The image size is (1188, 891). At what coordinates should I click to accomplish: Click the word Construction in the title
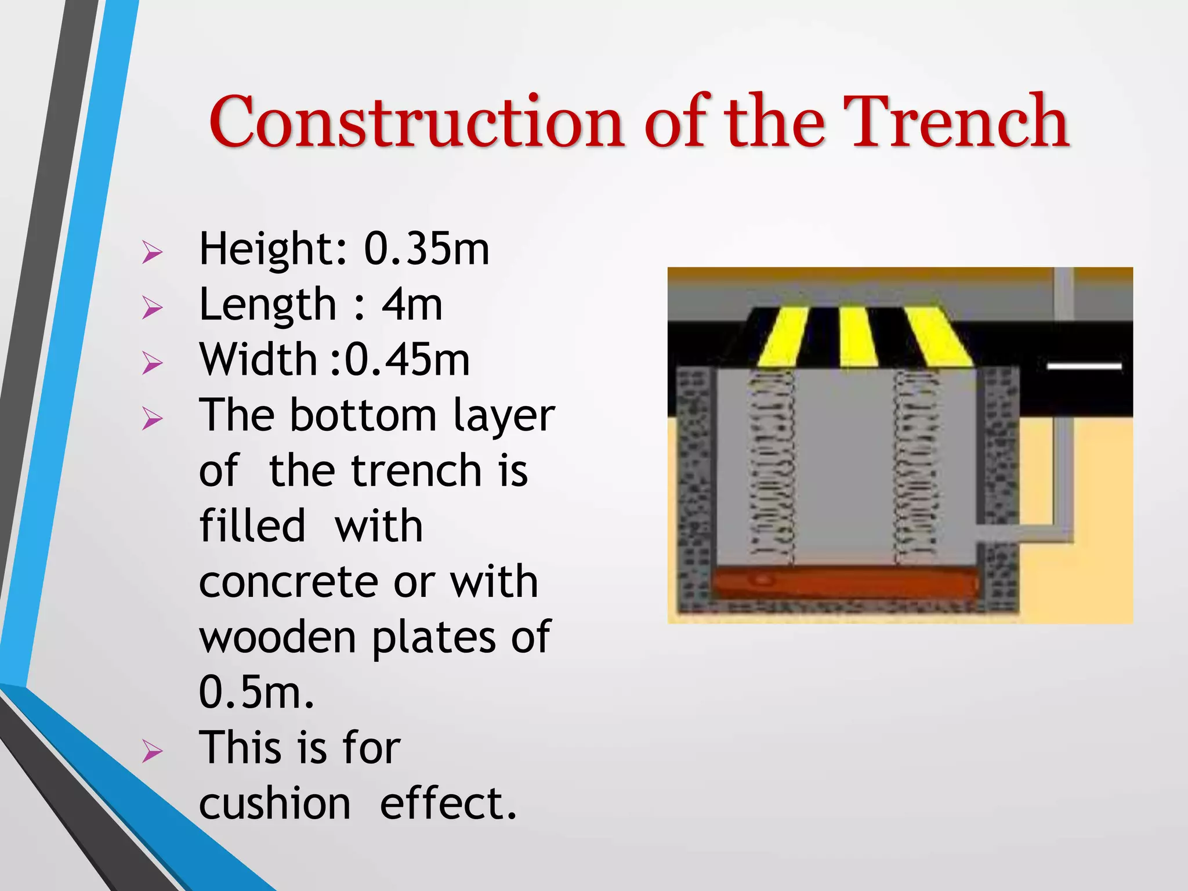[415, 122]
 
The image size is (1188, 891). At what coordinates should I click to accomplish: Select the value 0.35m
[426, 249]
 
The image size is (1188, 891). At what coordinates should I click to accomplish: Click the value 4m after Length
[412, 305]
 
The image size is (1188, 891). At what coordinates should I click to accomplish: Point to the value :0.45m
[400, 360]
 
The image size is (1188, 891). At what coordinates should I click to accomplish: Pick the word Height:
[273, 249]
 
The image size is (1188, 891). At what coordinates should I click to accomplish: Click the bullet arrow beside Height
[152, 252]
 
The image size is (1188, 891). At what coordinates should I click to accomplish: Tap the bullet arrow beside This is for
[152, 752]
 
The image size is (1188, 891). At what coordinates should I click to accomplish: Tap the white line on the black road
[1084, 366]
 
